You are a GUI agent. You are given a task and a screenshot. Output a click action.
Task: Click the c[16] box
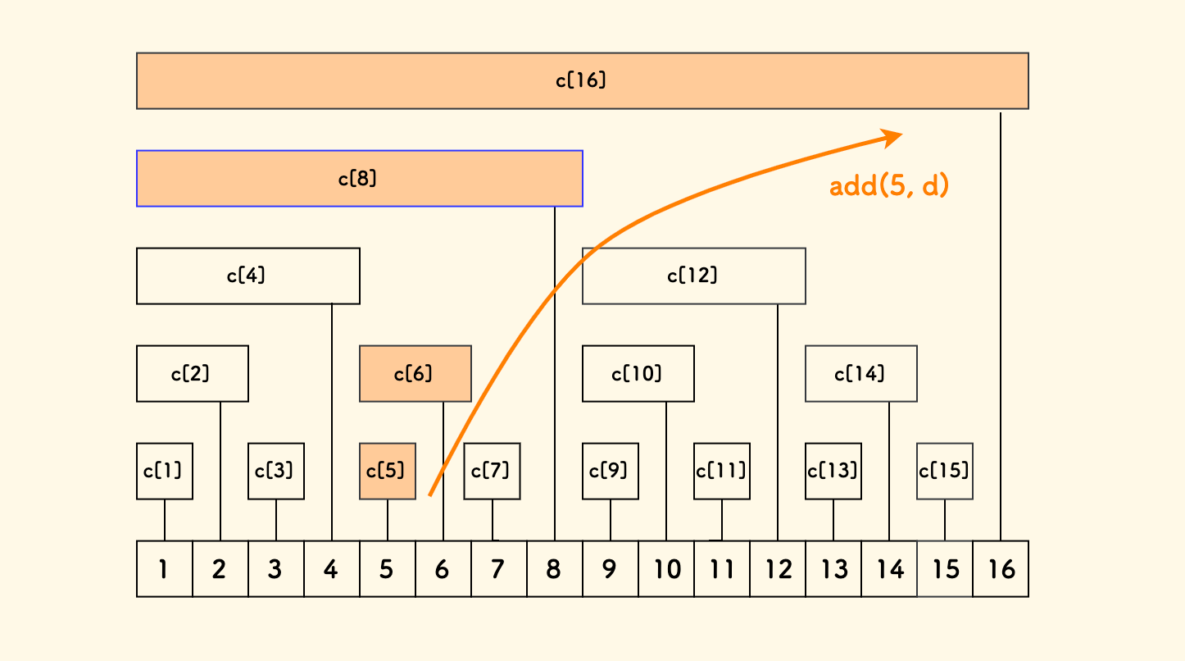coord(582,80)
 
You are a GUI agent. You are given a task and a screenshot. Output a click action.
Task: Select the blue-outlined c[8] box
coord(359,178)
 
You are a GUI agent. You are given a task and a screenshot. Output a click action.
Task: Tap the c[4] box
coord(247,276)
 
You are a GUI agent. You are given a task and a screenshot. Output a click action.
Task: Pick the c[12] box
coord(693,276)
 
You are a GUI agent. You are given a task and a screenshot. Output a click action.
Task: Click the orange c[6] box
coord(415,373)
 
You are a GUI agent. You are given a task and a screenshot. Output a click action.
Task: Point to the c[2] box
coord(192,373)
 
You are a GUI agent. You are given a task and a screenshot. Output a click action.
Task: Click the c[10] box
coord(638,373)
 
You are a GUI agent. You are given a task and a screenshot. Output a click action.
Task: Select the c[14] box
coord(860,373)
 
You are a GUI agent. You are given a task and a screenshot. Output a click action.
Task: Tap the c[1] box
coord(164,471)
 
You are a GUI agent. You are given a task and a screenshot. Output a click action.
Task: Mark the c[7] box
coord(492,471)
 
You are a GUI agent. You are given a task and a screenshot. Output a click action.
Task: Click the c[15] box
coord(944,471)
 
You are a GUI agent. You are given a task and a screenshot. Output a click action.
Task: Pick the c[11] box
coord(721,471)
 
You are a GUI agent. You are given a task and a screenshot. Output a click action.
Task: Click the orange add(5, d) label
coord(888,186)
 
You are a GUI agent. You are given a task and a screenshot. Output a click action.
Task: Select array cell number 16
coord(1000,568)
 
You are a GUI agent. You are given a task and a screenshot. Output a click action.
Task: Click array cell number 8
coord(554,568)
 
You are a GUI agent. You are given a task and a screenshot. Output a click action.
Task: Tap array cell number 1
coord(164,568)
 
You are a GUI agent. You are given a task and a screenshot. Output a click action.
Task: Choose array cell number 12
coord(777,568)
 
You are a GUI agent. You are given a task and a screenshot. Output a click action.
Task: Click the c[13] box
coord(833,471)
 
